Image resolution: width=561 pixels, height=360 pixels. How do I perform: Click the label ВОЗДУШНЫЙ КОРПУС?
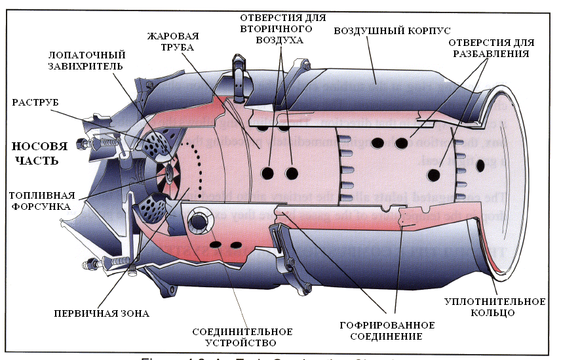click(392, 31)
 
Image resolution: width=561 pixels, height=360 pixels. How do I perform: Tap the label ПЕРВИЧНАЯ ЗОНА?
click(102, 313)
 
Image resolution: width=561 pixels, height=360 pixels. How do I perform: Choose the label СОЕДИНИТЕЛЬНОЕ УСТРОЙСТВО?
click(242, 337)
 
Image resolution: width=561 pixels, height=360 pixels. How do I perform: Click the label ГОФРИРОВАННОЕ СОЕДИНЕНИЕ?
click(386, 330)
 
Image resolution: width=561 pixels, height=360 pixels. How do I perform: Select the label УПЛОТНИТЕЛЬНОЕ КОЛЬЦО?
click(494, 308)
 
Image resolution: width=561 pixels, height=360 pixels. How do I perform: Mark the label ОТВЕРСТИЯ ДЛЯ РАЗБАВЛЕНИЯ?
click(491, 48)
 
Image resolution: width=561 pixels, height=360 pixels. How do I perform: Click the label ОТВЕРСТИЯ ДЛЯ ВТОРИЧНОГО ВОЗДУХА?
click(282, 28)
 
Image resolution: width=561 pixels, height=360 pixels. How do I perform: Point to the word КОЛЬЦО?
click(494, 313)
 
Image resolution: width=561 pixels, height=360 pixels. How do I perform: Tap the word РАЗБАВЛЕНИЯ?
click(491, 53)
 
